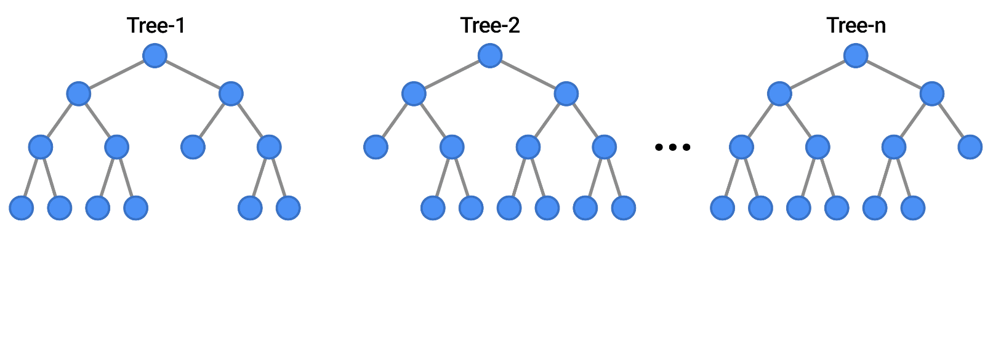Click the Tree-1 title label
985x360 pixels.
tap(155, 25)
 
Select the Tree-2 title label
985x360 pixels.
tap(490, 25)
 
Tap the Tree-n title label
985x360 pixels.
tap(856, 25)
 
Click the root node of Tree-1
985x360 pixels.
tap(155, 56)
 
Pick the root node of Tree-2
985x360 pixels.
tap(490, 56)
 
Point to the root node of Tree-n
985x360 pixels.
tap(856, 56)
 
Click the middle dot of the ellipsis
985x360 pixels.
tap(673, 147)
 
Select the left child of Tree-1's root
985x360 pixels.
tap(78, 94)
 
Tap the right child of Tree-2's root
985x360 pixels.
tap(566, 94)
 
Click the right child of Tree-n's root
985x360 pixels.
tap(931, 94)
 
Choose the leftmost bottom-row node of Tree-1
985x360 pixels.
tap(22, 208)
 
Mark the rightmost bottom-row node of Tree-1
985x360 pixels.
tap(288, 208)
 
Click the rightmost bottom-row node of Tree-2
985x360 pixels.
tap(623, 208)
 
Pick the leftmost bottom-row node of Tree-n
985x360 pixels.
tap(722, 208)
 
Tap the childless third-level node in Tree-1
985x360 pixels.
tap(193, 148)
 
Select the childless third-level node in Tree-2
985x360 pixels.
tap(376, 148)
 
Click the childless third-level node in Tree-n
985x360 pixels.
tap(970, 148)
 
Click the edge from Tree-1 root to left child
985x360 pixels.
tap(116, 75)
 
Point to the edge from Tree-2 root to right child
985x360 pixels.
tap(528, 75)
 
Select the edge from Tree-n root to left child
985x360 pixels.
tap(818, 75)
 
